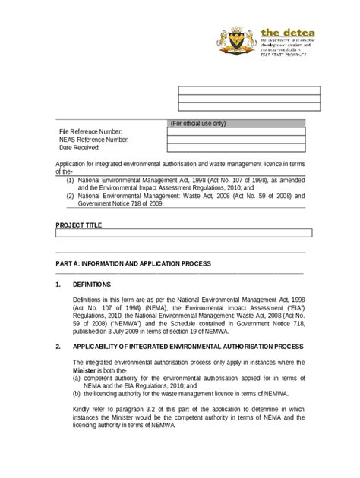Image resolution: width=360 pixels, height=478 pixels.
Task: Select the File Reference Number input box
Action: (x=236, y=131)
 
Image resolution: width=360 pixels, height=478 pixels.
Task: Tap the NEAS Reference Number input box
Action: (x=236, y=140)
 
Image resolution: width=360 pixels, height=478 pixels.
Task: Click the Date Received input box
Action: (x=236, y=148)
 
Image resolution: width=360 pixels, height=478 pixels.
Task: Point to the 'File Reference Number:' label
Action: (x=90, y=132)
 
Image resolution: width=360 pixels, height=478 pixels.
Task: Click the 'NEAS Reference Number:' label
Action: (x=93, y=140)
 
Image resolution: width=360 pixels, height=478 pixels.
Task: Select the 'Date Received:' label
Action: (x=80, y=148)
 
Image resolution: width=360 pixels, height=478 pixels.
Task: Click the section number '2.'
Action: (x=58, y=345)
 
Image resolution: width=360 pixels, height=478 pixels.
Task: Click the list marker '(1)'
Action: (x=70, y=180)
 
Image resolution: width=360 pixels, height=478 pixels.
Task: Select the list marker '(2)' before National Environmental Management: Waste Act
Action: (x=70, y=196)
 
